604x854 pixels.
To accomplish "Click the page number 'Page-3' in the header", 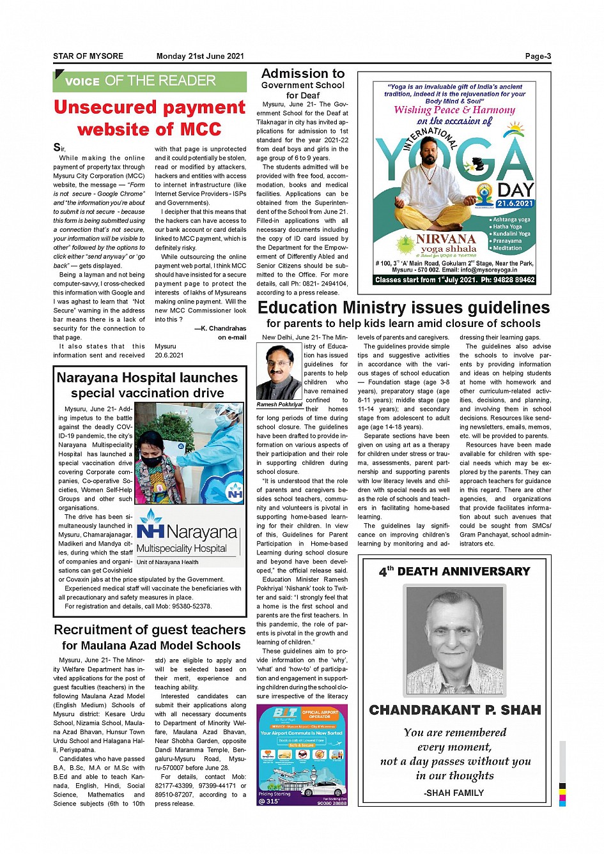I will [x=538, y=56].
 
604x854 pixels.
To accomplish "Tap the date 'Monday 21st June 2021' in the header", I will [x=200, y=56].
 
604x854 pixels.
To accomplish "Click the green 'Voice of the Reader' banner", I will [x=150, y=81].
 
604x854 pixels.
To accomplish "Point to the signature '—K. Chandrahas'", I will [x=220, y=328].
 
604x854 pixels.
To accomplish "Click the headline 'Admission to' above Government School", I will [x=303, y=73].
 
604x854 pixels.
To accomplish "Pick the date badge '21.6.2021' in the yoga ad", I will [x=515, y=204].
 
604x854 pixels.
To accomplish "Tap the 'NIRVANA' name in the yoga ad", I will [x=446, y=239].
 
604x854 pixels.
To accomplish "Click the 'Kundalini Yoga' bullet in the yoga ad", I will [x=511, y=234].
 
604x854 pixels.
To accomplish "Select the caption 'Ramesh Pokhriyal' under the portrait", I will [x=279, y=404].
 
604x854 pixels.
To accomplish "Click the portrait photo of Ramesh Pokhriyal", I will [x=279, y=372].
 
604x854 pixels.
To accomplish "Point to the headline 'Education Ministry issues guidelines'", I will [x=403, y=308].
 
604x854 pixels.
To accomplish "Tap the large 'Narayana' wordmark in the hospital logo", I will [x=201, y=532].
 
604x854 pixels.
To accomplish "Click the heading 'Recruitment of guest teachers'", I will [x=150, y=630].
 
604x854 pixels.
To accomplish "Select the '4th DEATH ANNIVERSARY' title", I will [x=454, y=571].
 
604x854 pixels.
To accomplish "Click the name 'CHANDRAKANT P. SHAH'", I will [x=454, y=710].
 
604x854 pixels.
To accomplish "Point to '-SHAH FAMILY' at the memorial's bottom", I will [x=454, y=793].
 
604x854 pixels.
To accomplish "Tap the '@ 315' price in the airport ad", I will [x=269, y=801].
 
